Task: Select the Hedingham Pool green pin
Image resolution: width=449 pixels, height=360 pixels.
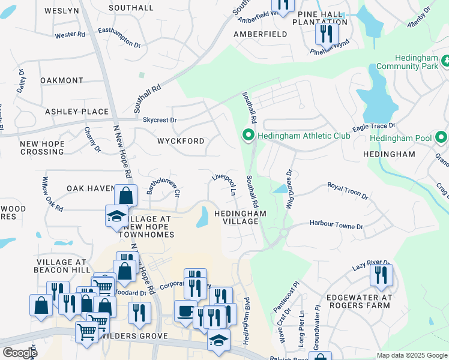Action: click(442, 138)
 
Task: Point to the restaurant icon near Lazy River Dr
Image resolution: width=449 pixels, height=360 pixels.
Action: click(381, 275)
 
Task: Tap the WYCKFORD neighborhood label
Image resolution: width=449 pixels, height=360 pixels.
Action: click(181, 141)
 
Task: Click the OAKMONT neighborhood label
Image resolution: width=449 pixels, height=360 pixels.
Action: click(62, 80)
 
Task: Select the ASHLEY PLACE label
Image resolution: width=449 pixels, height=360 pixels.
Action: click(77, 112)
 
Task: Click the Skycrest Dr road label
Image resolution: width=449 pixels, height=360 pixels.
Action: click(160, 120)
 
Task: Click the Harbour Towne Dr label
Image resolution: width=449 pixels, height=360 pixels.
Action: click(336, 226)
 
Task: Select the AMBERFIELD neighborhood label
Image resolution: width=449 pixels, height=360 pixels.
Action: click(260, 34)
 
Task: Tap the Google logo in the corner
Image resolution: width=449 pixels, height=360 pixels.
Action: click(20, 353)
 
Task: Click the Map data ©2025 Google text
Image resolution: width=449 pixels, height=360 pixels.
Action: click(412, 355)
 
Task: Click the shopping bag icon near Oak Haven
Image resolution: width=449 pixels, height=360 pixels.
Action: click(126, 196)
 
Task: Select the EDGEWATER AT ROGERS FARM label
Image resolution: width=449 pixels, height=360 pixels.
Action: click(359, 302)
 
